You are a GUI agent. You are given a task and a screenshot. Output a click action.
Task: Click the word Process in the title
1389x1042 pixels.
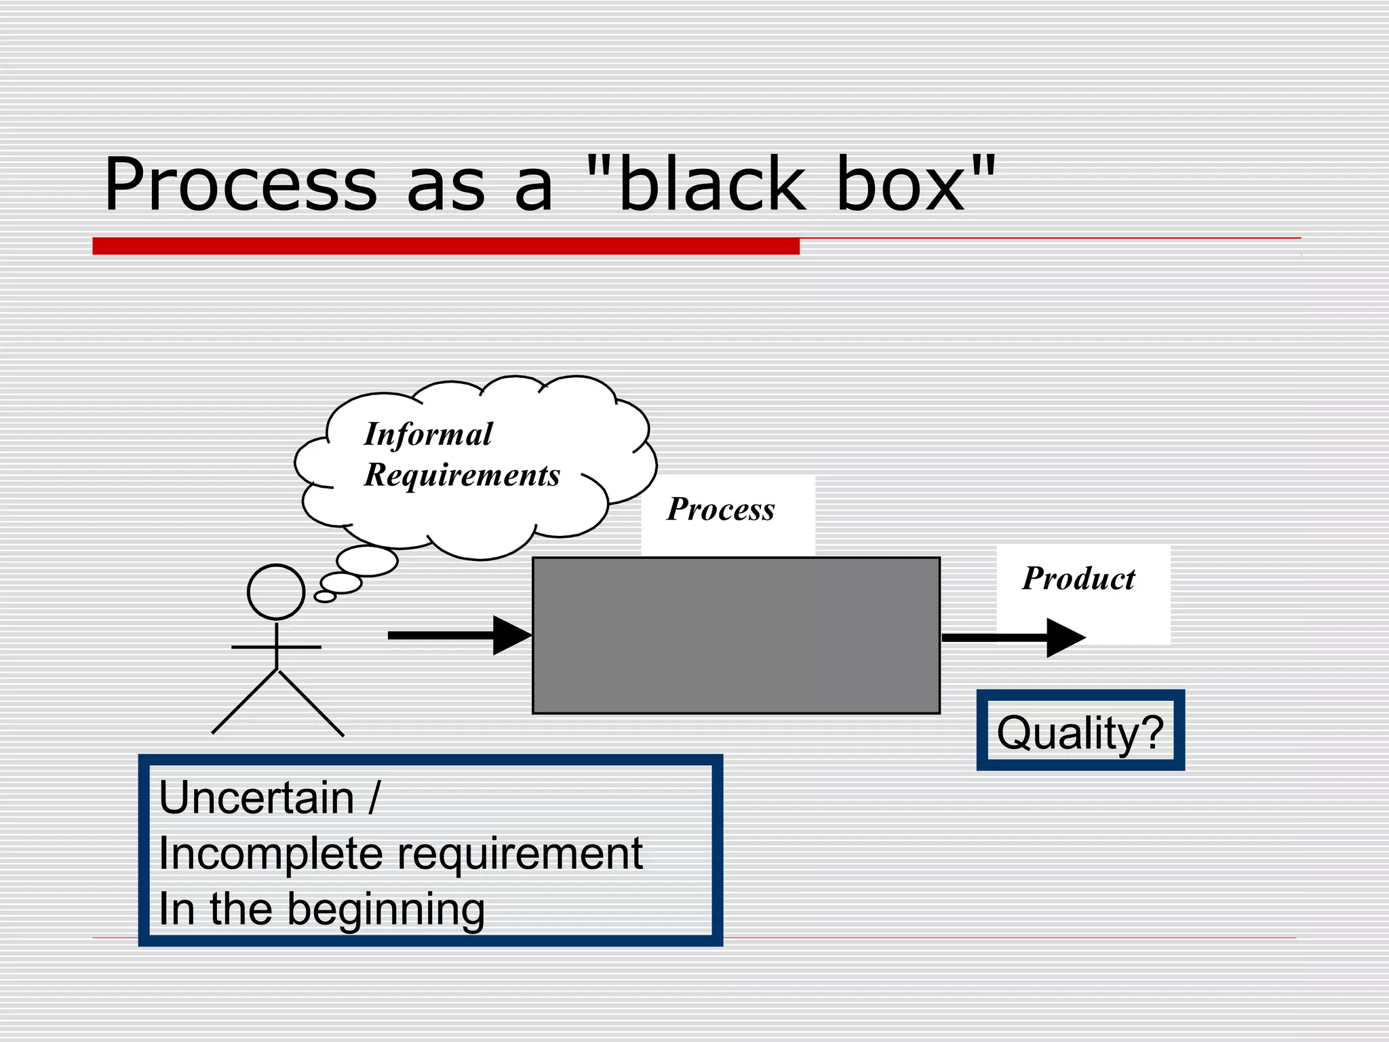point(241,185)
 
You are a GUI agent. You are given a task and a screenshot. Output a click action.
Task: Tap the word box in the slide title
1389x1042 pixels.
point(902,185)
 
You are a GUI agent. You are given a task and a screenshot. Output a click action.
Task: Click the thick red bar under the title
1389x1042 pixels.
point(446,246)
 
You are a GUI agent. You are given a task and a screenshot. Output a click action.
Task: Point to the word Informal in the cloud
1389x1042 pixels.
point(428,435)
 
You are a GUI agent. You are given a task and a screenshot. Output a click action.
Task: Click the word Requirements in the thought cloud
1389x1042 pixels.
point(462,475)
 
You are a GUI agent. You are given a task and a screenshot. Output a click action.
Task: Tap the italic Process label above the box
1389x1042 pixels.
point(720,509)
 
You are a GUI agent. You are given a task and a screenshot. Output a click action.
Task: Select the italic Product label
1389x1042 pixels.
point(1078,579)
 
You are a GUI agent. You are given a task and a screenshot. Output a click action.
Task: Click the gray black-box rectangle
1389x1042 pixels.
point(736,636)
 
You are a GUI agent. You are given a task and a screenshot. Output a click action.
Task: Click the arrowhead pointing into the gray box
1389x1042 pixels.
point(510,636)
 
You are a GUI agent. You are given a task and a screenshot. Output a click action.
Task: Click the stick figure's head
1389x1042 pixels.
point(276,592)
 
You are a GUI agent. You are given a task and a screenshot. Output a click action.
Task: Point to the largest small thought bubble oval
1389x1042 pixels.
point(367,561)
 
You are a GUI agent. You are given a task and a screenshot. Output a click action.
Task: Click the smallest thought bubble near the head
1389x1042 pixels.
point(325,597)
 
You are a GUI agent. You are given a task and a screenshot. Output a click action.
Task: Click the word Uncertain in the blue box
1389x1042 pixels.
point(256,798)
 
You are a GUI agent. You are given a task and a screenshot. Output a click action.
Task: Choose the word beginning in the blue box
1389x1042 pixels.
point(386,910)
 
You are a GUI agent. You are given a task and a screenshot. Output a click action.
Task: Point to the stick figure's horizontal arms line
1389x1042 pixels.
point(276,647)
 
